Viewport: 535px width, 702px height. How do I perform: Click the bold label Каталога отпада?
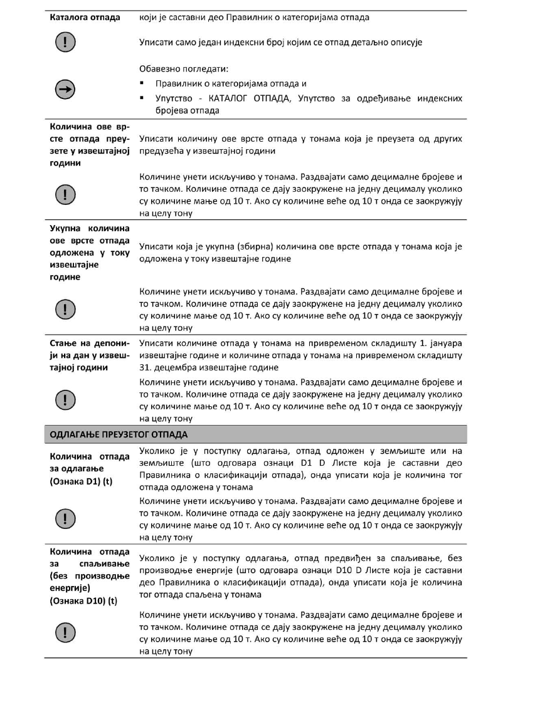click(85, 17)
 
